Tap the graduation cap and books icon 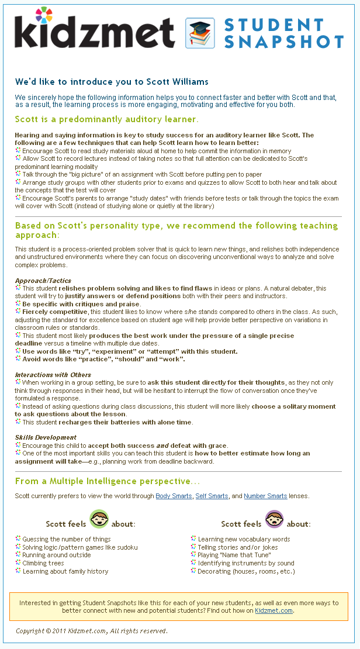point(200,33)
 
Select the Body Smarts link point(174,496)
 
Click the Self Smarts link point(212,496)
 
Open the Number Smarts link point(265,496)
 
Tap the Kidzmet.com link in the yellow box point(274,610)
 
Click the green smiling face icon point(99,519)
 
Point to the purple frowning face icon point(274,519)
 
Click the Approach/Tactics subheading point(43,281)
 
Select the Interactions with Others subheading point(53,375)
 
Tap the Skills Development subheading point(46,437)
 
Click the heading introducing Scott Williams point(112,82)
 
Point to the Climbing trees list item point(43,563)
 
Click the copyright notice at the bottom point(92,631)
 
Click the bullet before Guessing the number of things point(18,538)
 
